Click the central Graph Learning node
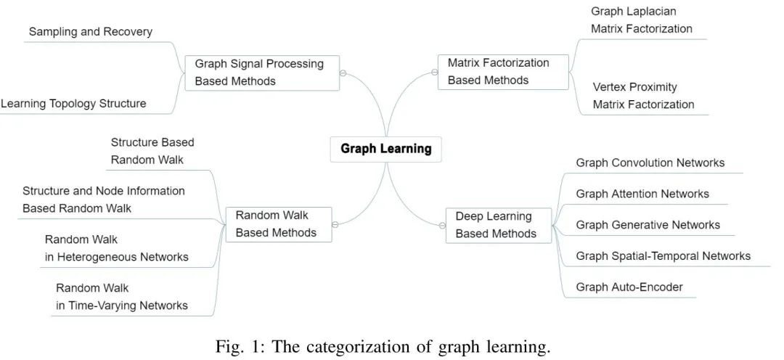click(385, 149)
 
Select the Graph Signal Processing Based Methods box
click(261, 73)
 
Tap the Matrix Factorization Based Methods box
click(502, 72)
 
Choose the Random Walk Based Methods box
click(278, 224)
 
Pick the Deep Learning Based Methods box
click(498, 225)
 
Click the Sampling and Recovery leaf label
click(91, 32)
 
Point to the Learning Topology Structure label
click(73, 104)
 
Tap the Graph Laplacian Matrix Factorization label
click(641, 20)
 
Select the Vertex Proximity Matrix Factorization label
click(643, 96)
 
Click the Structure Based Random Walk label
click(152, 151)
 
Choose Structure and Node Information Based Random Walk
click(104, 200)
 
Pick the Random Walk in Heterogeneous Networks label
click(116, 248)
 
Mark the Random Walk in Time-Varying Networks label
click(122, 297)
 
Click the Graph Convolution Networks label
click(650, 163)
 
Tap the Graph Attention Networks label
click(642, 194)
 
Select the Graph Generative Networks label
click(648, 225)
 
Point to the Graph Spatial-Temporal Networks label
click(663, 255)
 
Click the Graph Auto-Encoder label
click(629, 287)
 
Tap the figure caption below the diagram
click(383, 346)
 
